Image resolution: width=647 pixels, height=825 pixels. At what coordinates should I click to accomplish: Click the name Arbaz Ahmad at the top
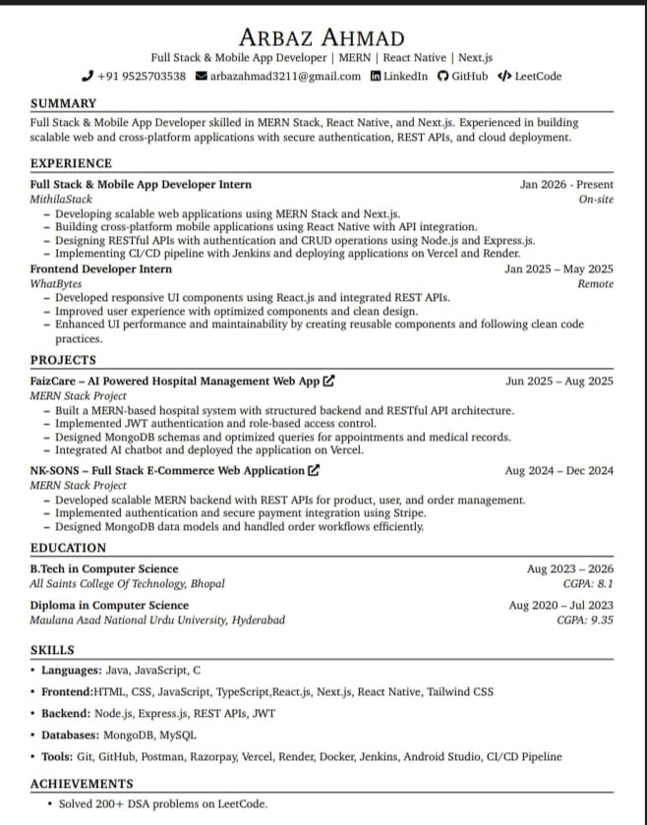[323, 37]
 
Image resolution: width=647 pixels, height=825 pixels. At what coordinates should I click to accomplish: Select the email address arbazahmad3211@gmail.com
[286, 76]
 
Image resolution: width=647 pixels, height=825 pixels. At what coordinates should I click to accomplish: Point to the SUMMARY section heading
[63, 103]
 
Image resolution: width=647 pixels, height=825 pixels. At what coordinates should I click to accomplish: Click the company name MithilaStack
[62, 199]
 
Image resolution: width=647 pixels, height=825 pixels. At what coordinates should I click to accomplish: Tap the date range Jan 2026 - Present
[566, 184]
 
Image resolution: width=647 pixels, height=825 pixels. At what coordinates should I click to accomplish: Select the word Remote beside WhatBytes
[595, 283]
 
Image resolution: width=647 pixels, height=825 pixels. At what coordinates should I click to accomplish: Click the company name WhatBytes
[56, 283]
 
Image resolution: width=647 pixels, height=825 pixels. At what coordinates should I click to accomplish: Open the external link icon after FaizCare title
[328, 381]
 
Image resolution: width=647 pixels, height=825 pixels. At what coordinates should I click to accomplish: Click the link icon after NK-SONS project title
[314, 471]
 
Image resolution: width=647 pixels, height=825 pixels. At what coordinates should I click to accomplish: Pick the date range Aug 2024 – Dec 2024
[559, 471]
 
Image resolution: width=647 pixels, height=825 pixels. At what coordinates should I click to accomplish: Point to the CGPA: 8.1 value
[588, 583]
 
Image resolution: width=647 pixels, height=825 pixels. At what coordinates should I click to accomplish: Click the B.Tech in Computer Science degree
[104, 568]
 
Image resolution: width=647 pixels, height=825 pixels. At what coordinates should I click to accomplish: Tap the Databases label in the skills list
[70, 735]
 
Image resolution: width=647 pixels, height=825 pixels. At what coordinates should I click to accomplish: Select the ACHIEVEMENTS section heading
[82, 784]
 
